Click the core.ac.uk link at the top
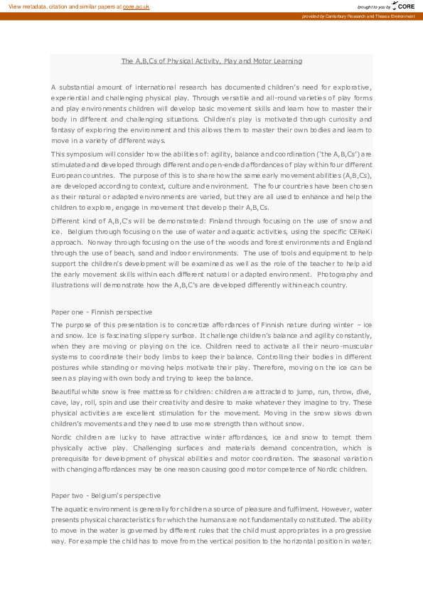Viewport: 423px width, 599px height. click(136, 6)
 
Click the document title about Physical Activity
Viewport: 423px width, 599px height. click(211, 61)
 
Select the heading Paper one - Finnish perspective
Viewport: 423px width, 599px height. click(101, 312)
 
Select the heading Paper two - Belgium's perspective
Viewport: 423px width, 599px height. click(105, 495)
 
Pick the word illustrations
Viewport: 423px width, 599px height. click(73, 285)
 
